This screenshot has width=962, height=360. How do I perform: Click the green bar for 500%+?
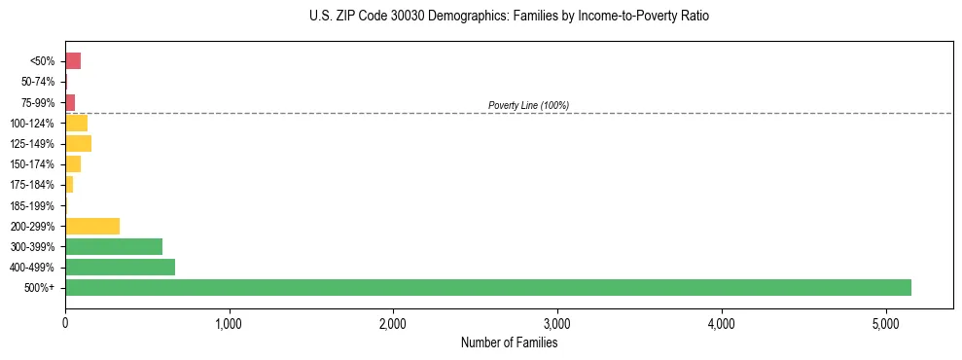(x=487, y=287)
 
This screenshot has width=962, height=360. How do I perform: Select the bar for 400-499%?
(x=120, y=267)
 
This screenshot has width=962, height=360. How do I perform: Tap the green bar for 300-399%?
(x=114, y=246)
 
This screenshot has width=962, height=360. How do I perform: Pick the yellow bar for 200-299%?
(x=92, y=226)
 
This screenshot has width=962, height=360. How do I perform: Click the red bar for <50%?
(x=73, y=61)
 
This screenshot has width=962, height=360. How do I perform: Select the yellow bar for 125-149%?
(x=78, y=144)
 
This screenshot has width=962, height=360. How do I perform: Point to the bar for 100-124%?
(x=76, y=124)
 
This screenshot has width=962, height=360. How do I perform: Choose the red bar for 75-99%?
(x=70, y=102)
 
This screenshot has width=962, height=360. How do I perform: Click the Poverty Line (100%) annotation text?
(x=528, y=105)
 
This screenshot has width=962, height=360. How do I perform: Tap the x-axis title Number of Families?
(x=509, y=342)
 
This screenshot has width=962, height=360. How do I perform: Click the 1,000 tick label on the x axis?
(x=229, y=322)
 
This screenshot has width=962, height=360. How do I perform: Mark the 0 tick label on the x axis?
(x=65, y=322)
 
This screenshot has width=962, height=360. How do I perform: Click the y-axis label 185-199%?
(x=33, y=205)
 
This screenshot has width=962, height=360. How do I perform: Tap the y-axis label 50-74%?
(x=38, y=82)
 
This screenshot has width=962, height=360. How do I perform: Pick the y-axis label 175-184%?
(x=33, y=185)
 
